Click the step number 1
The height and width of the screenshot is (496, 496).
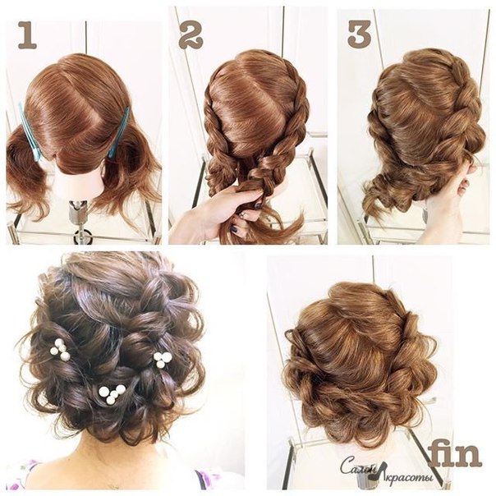[x=28, y=35]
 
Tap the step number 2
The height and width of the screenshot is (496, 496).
[x=191, y=35]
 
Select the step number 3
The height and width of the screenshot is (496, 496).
[x=360, y=34]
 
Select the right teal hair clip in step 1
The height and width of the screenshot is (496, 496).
[x=119, y=131]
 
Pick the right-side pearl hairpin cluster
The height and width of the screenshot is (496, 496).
[x=163, y=359]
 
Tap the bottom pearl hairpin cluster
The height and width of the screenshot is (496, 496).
[x=112, y=394]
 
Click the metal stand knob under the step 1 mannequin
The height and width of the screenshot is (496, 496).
[x=84, y=236]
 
